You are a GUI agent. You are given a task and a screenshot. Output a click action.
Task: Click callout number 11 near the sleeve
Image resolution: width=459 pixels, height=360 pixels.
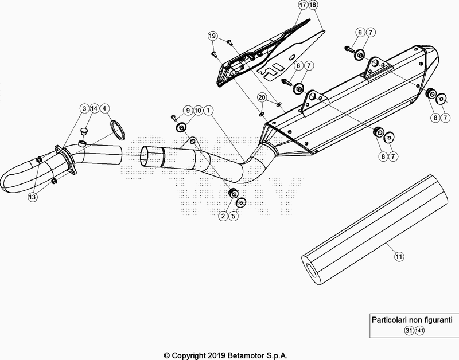398,257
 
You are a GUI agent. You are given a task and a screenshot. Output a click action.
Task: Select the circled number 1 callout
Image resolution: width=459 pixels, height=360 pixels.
208,109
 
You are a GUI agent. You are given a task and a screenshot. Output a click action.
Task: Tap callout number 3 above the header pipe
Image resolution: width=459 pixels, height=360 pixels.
84,108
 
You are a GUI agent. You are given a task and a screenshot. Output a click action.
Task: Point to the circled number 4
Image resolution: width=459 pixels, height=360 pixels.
106,108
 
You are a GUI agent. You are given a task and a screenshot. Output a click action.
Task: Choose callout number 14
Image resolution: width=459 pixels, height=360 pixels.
95,108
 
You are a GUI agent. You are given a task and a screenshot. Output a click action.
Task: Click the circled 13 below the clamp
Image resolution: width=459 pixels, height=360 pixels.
32,197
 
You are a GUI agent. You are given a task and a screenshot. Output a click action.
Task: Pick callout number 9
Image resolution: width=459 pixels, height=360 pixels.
186,109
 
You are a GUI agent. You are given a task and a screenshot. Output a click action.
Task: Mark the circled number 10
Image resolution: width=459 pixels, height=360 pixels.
197,109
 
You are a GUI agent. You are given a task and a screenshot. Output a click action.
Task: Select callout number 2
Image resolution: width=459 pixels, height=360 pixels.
222,216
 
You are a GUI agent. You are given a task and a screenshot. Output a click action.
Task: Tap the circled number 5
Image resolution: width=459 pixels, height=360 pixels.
233,216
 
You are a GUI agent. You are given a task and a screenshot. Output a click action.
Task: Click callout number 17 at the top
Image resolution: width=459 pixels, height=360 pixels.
302,6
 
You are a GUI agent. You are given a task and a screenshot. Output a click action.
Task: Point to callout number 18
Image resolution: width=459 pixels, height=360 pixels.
313,6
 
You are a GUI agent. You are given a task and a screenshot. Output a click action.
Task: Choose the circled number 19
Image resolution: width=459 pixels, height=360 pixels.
213,36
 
